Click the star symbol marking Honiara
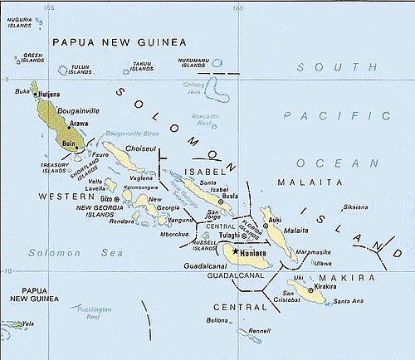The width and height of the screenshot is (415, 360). (x=236, y=251)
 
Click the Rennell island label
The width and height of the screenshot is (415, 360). (x=259, y=331)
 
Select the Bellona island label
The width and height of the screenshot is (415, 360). (x=218, y=319)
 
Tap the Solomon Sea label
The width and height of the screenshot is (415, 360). (x=51, y=251)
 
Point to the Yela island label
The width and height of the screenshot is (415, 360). (x=29, y=324)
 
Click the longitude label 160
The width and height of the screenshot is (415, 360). (x=237, y=9)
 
